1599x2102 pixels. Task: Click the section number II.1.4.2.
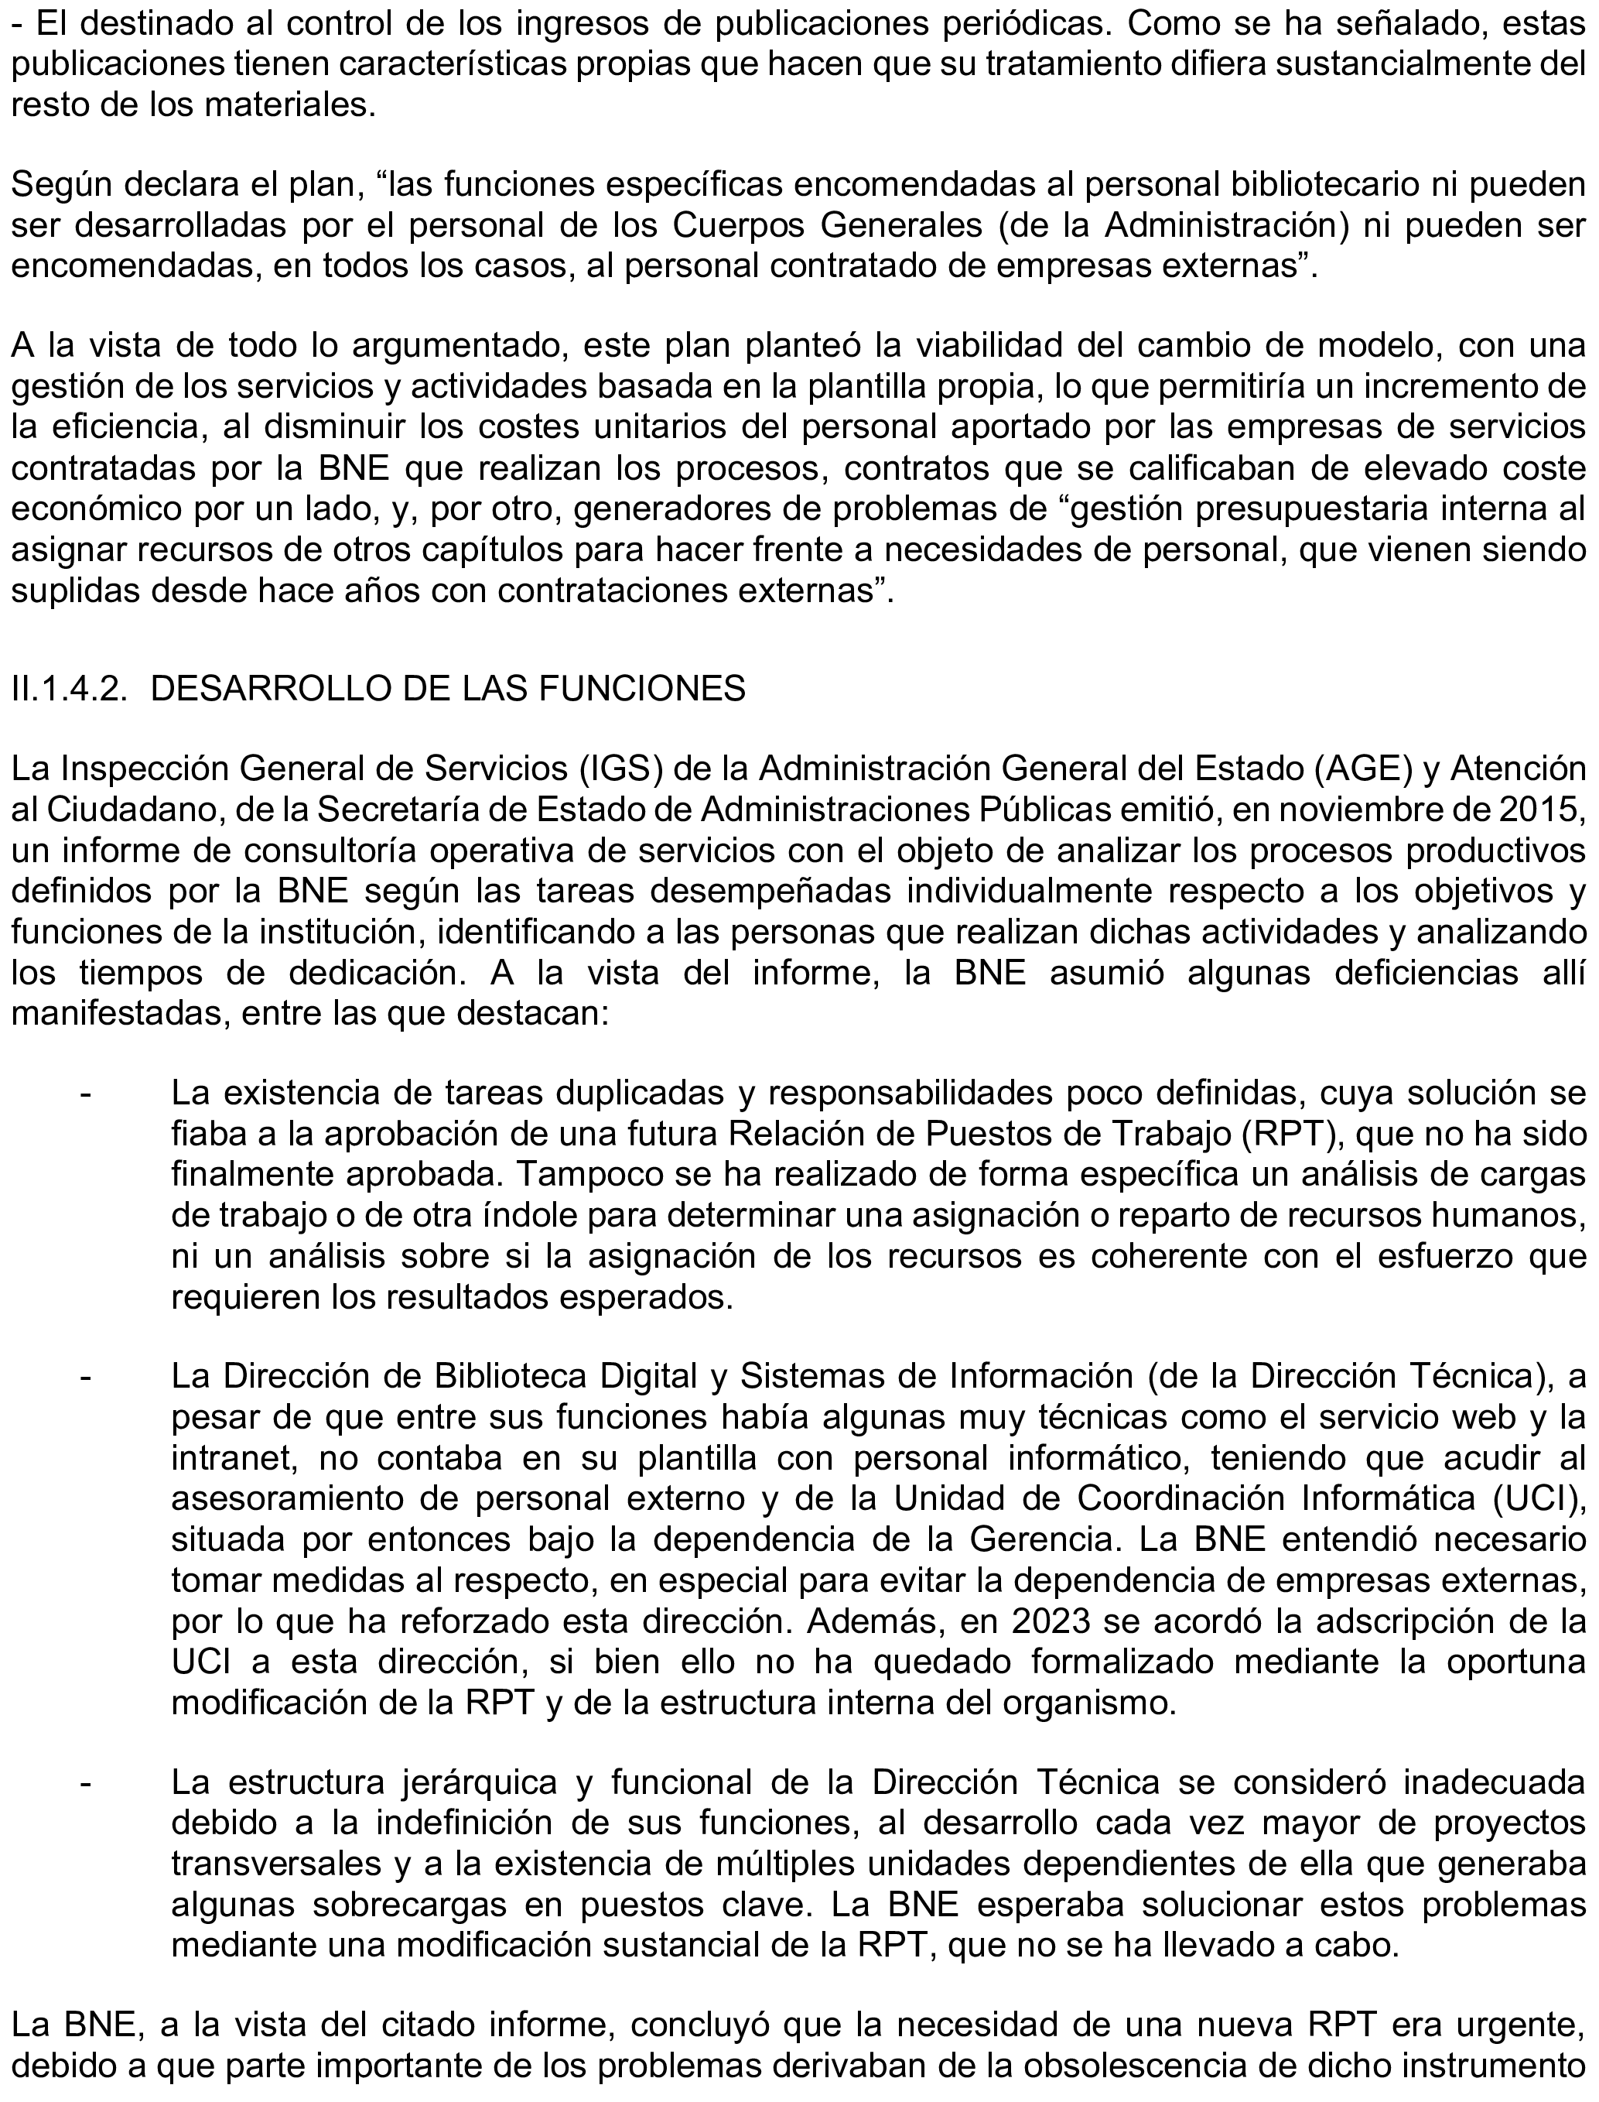pos(70,688)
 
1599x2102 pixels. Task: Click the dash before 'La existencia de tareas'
pos(86,1094)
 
